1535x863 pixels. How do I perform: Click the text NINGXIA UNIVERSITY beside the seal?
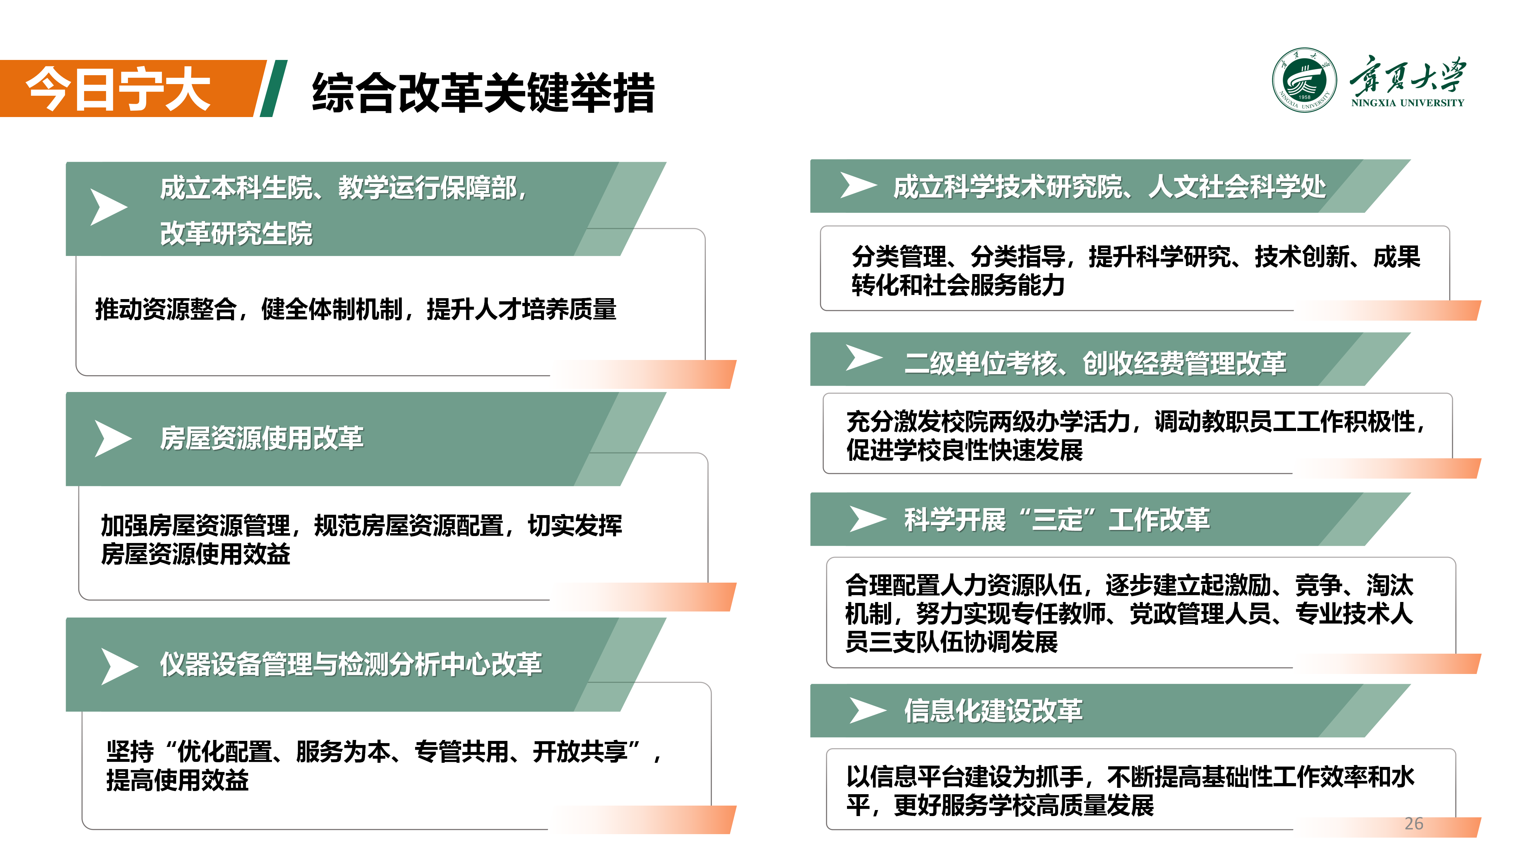tap(1407, 102)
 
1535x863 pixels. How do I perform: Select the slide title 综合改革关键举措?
tap(483, 92)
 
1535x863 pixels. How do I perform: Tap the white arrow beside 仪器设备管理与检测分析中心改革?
tap(120, 666)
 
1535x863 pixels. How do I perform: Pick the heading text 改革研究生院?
tap(236, 233)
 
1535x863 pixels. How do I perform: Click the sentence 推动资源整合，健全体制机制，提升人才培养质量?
tap(356, 309)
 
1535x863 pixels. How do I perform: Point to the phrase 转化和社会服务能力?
tap(958, 285)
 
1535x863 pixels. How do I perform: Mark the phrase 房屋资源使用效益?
tap(195, 553)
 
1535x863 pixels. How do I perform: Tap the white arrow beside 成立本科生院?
tap(109, 207)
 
